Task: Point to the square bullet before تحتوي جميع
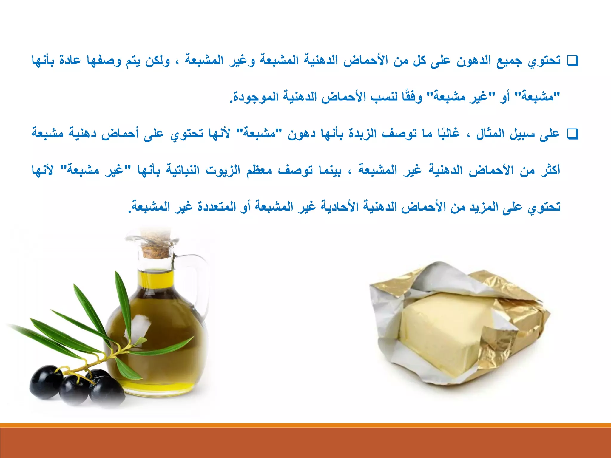(573, 61)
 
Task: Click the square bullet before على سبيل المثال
(573, 134)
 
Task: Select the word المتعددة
(216, 206)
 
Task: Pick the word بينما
(330, 170)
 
